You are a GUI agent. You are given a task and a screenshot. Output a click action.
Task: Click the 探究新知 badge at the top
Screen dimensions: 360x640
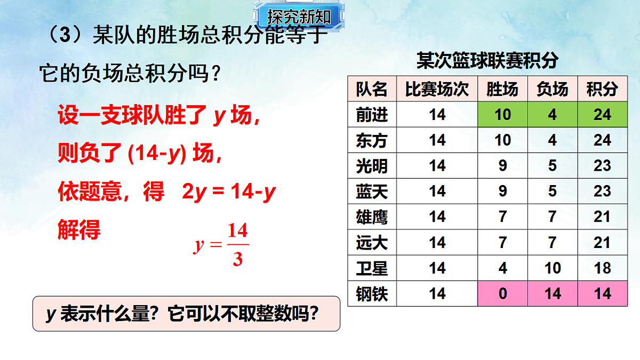coord(299,17)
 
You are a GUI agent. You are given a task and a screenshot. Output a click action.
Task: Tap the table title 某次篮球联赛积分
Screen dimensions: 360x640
coord(487,61)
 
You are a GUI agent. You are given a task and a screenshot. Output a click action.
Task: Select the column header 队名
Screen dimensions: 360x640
coord(372,89)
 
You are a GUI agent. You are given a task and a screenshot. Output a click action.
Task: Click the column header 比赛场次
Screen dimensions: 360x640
coord(437,89)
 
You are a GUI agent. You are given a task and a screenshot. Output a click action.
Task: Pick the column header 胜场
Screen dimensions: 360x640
coord(502,89)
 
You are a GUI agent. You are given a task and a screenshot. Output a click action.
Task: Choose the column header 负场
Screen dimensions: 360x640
coord(552,89)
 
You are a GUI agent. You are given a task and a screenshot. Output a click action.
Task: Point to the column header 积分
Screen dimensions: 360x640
coord(602,89)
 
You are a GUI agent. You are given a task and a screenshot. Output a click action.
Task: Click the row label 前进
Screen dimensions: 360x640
coord(372,114)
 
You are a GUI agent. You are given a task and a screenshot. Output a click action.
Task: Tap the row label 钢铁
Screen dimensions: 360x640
coord(372,294)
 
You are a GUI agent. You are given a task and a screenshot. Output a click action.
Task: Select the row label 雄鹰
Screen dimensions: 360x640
coord(372,217)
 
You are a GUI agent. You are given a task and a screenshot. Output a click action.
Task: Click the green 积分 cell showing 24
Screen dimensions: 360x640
coord(602,114)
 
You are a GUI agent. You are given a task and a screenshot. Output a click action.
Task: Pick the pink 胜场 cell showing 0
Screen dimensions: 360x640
coord(502,294)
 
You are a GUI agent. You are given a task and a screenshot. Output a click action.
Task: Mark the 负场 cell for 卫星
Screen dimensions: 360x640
coord(552,268)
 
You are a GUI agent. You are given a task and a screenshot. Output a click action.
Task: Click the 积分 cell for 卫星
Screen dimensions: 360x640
coord(602,268)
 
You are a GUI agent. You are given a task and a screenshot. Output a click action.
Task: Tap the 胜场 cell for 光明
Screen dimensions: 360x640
coord(502,166)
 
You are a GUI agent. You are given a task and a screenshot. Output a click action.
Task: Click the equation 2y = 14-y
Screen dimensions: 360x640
coord(228,193)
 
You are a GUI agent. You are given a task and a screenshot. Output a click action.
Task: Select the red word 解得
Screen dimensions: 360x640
coord(78,231)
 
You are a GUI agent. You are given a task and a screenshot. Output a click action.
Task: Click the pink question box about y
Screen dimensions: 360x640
coord(186,314)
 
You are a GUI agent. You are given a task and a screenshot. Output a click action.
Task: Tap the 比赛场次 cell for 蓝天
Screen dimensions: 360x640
coord(437,191)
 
